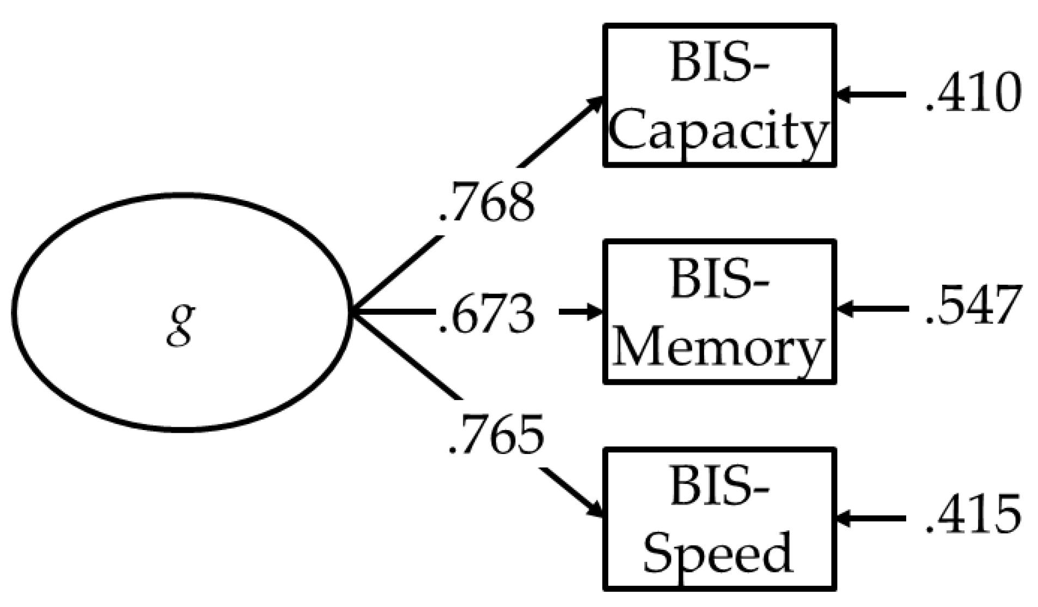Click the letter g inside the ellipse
181,324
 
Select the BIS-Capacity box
719,95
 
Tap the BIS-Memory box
719,311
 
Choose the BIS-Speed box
719,519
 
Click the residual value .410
973,94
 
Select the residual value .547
973,306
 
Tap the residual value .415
973,514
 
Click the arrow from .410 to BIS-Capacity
871,95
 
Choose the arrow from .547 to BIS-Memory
871,309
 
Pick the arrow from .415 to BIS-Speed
871,518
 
